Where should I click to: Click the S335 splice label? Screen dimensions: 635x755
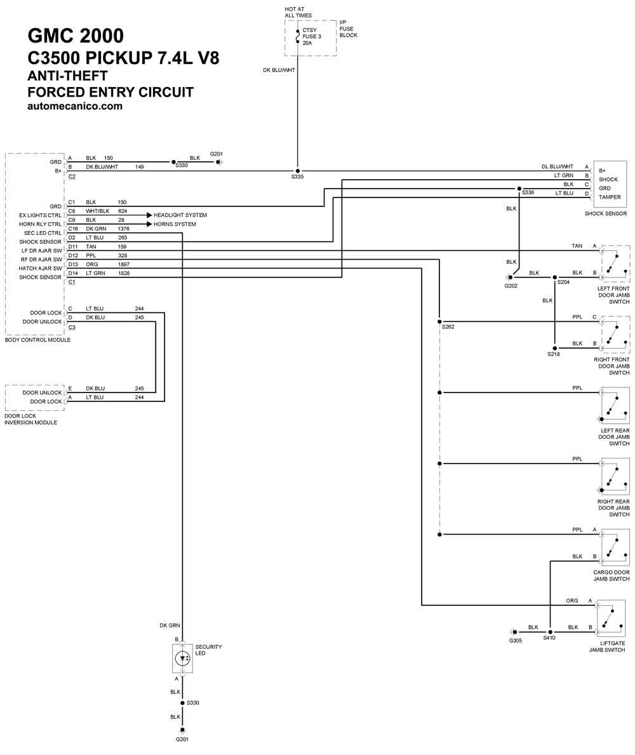298,177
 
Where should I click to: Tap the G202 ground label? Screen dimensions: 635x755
511,286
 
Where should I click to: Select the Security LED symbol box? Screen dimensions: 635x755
182,658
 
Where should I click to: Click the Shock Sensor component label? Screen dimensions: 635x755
606,213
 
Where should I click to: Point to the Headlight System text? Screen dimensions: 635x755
180,215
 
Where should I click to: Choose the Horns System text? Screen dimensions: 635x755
175,224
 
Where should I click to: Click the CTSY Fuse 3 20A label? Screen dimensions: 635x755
312,37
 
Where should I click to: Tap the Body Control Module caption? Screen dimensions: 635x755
37,340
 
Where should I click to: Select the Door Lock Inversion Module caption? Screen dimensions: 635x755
31,419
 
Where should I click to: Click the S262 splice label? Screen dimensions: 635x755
448,327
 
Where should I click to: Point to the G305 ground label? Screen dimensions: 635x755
515,641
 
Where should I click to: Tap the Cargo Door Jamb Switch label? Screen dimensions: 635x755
612,576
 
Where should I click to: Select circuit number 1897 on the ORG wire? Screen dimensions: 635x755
124,264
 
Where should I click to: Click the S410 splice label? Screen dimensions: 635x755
549,638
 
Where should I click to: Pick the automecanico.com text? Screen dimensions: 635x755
75,106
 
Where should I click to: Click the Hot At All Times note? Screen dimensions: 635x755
298,12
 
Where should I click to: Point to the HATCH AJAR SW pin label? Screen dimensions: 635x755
41,268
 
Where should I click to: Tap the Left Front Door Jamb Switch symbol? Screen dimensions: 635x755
615,264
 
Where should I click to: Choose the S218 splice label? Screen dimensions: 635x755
554,354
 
